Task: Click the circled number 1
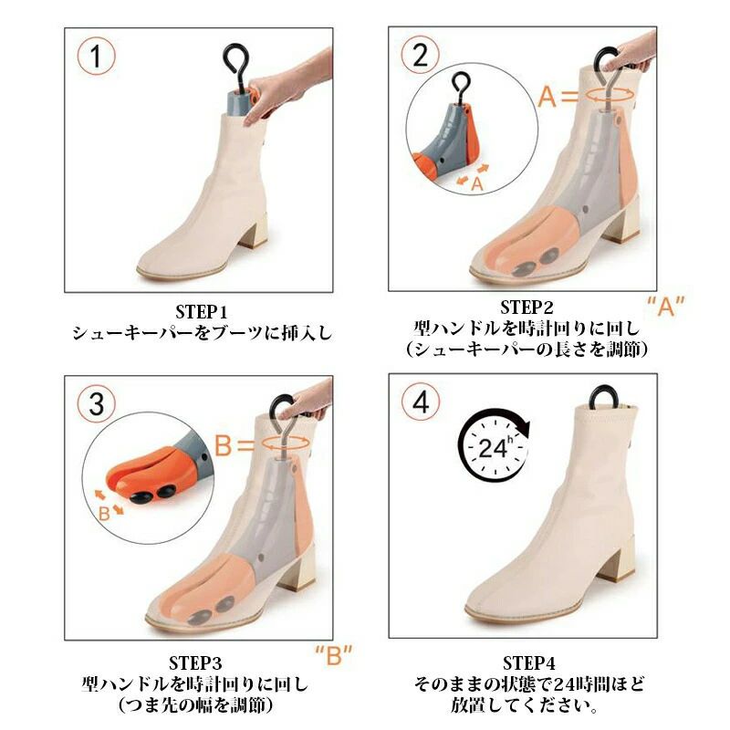click(x=96, y=57)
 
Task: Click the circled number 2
click(x=421, y=55)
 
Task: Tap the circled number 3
click(x=96, y=403)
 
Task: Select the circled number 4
click(x=421, y=401)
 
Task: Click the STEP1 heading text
click(x=201, y=311)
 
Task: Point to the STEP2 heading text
click(x=527, y=308)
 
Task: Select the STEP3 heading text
click(x=195, y=662)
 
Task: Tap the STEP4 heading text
click(x=529, y=662)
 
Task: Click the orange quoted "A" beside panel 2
click(x=666, y=306)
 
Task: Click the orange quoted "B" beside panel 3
click(x=333, y=655)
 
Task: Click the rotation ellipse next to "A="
click(x=610, y=95)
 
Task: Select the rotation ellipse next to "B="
click(x=286, y=443)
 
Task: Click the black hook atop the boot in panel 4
click(x=603, y=397)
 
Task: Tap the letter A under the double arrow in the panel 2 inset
click(x=477, y=184)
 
